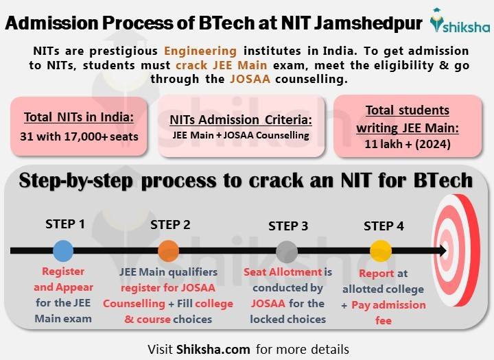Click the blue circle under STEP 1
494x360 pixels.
(62, 250)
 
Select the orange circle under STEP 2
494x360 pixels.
(168, 250)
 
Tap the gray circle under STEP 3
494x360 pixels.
(287, 252)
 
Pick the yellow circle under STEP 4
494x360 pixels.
(380, 250)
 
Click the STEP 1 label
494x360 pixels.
(65, 224)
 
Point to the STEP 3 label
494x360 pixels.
(288, 226)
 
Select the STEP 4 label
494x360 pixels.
(384, 226)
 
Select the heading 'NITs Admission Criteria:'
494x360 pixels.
(240, 120)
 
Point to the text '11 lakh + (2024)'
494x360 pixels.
(408, 144)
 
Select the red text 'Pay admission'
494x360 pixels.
(388, 304)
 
